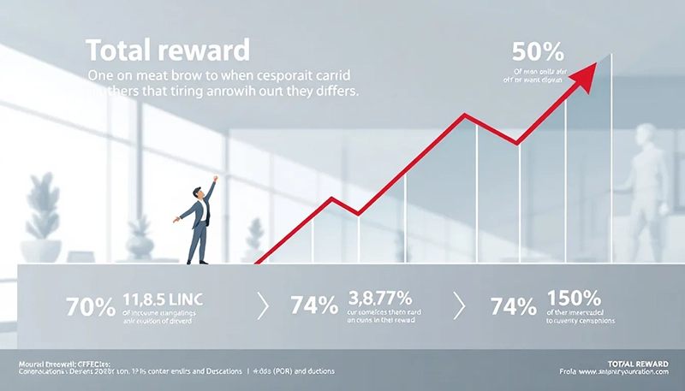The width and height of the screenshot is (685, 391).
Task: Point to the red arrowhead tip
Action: tap(597, 62)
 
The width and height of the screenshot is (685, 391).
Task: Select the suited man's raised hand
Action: tap(215, 179)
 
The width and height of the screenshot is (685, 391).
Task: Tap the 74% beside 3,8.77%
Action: tap(315, 305)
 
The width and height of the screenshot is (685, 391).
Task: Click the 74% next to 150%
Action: tap(515, 305)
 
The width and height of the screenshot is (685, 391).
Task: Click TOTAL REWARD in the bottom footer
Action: tap(635, 364)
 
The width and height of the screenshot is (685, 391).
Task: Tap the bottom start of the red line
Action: tap(256, 262)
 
